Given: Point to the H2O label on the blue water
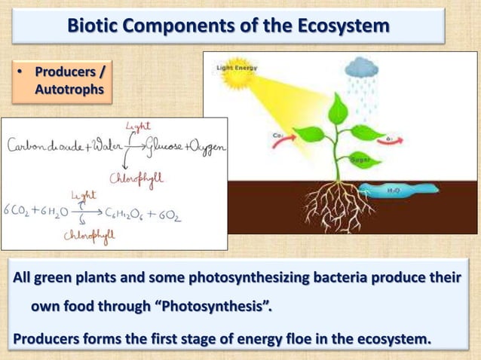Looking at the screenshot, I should click(x=393, y=191).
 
